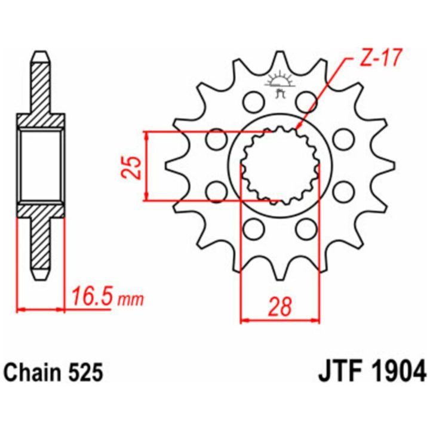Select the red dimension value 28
tap(279, 306)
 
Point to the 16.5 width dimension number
tap(91, 296)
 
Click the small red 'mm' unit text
tap(130, 300)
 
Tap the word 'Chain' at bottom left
tap(33, 373)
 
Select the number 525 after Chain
tap(85, 373)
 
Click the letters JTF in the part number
tap(339, 372)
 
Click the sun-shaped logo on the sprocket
tap(279, 82)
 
